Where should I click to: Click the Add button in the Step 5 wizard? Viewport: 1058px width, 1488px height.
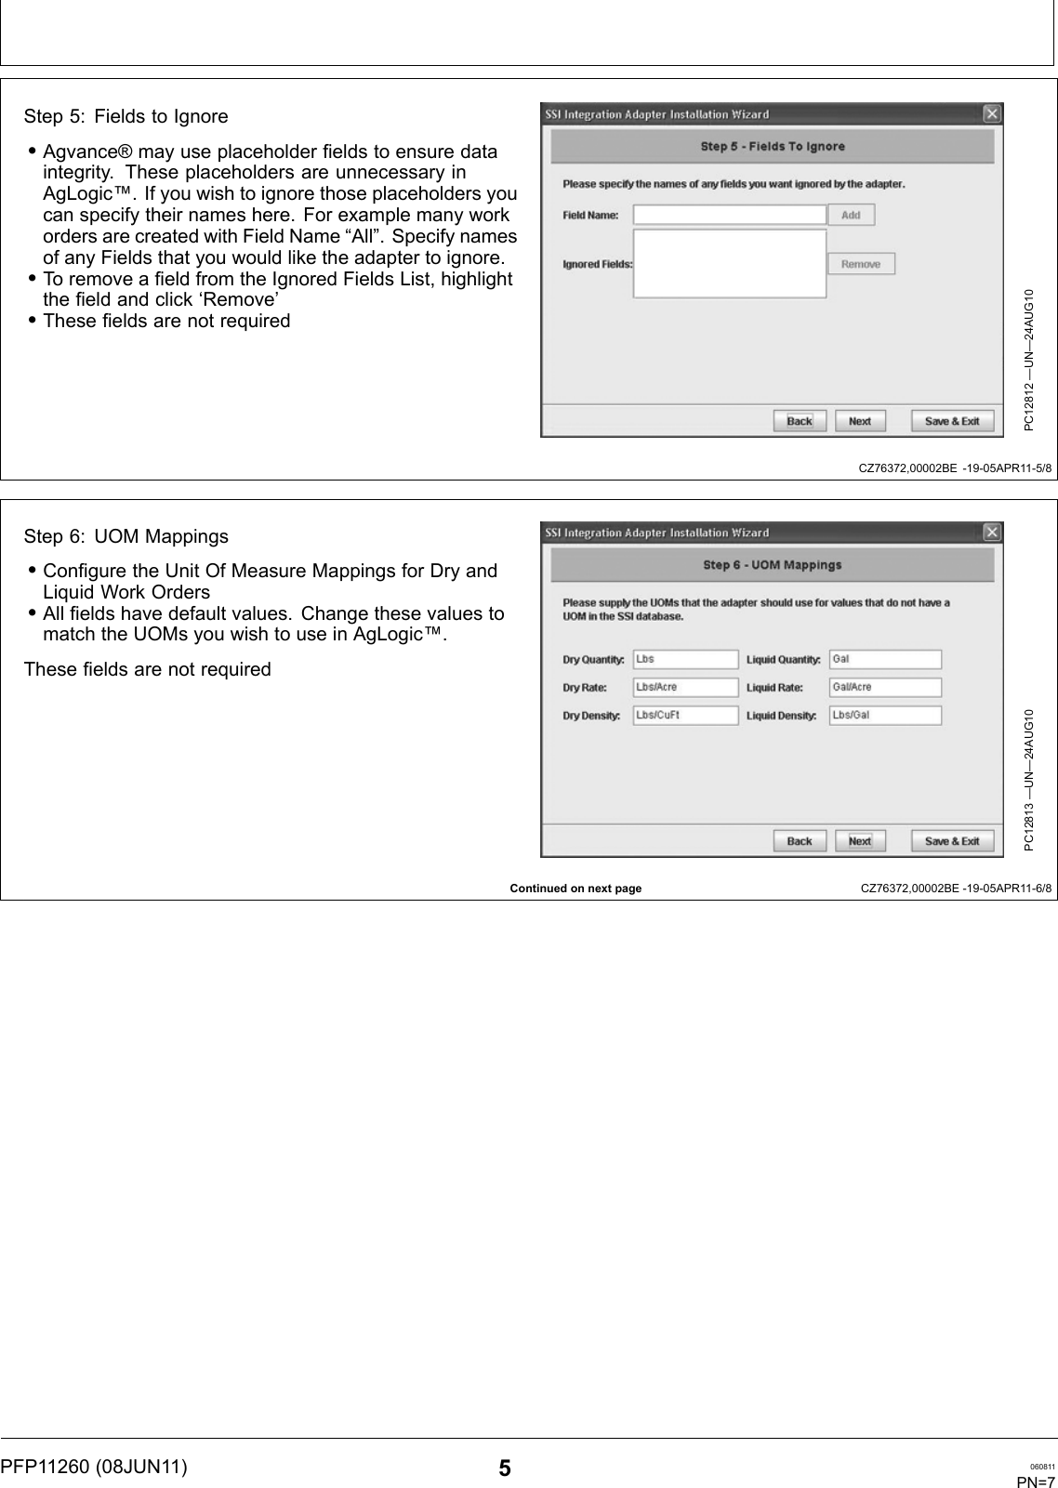pyautogui.click(x=851, y=215)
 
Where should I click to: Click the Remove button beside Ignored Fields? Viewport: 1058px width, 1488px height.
pyautogui.click(x=861, y=264)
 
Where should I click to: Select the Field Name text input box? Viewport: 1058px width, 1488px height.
pyautogui.click(x=729, y=215)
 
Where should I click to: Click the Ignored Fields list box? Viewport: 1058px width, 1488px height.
pyautogui.click(x=729, y=264)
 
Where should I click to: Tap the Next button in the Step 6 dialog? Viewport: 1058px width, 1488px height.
pyautogui.click(x=860, y=841)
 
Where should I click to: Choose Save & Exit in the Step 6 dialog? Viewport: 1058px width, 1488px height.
pyautogui.click(x=952, y=841)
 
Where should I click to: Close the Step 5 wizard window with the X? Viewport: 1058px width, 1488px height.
pyautogui.click(x=992, y=113)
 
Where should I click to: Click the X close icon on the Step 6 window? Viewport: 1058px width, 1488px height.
pyautogui.click(x=992, y=533)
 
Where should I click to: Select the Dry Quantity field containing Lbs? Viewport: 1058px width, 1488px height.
pyautogui.click(x=685, y=659)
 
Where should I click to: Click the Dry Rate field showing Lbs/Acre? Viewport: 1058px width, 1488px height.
pyautogui.click(x=685, y=687)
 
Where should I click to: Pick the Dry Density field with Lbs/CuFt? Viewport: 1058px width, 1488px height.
pyautogui.click(x=685, y=715)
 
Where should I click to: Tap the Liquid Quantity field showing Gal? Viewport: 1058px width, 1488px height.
pyautogui.click(x=885, y=659)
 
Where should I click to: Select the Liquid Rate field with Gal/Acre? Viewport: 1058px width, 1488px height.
pyautogui.click(x=885, y=687)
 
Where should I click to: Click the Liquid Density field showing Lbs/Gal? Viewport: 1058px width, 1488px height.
pyautogui.click(x=885, y=715)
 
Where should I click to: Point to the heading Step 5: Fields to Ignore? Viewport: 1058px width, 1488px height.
pyautogui.click(x=126, y=116)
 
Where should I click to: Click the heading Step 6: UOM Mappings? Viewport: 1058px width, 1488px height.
pyautogui.click(x=126, y=536)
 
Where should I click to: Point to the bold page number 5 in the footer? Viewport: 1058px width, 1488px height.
pyautogui.click(x=504, y=1468)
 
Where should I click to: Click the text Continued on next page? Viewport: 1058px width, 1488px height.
pyautogui.click(x=575, y=889)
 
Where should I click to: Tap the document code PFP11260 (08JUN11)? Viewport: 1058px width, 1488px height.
pyautogui.click(x=93, y=1467)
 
